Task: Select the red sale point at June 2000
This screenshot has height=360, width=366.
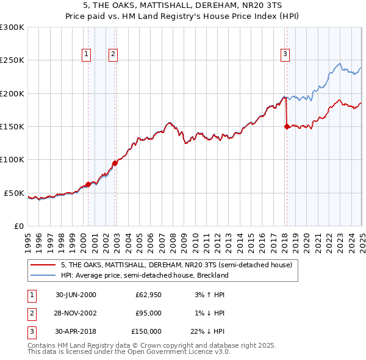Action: point(88,184)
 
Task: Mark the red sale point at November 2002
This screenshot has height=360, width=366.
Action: point(115,163)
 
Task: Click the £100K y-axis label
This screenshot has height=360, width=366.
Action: point(12,160)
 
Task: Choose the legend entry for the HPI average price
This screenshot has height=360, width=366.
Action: point(144,275)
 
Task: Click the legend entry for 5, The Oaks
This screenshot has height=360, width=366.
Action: point(177,265)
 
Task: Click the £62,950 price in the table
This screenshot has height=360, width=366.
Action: point(148,295)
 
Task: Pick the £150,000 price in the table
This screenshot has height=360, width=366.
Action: point(146,331)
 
